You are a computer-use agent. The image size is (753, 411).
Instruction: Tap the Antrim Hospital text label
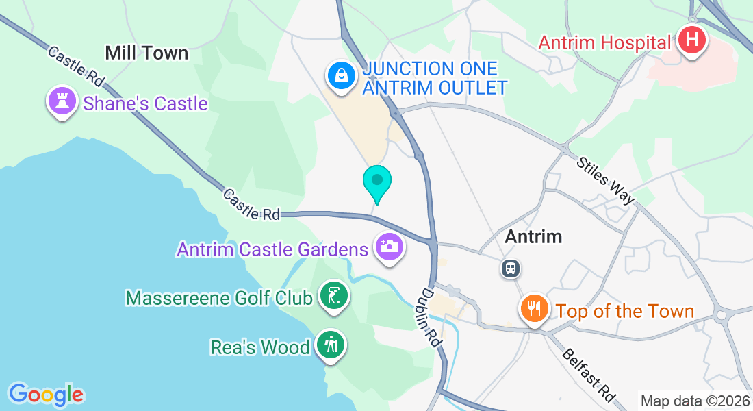pyautogui.click(x=604, y=42)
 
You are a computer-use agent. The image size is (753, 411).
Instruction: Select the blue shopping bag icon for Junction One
pyautogui.click(x=340, y=75)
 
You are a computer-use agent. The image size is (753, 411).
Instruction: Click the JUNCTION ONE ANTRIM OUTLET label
pyautogui.click(x=435, y=78)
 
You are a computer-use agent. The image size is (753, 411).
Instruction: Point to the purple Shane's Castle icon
pyautogui.click(x=62, y=101)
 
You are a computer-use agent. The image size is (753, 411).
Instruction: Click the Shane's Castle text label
pyautogui.click(x=145, y=103)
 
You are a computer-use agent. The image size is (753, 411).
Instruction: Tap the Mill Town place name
pyautogui.click(x=146, y=53)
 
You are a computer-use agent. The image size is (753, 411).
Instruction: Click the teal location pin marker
pyautogui.click(x=376, y=182)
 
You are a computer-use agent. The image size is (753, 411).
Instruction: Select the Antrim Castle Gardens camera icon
pyautogui.click(x=390, y=246)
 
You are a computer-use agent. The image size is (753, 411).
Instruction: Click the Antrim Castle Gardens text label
pyautogui.click(x=272, y=249)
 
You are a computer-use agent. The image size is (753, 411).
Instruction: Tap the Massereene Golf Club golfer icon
pyautogui.click(x=333, y=297)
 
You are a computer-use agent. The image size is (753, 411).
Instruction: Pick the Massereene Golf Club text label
pyautogui.click(x=219, y=298)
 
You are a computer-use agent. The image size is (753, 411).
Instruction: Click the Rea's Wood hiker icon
pyautogui.click(x=331, y=345)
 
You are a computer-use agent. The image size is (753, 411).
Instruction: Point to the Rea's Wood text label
pyautogui.click(x=259, y=347)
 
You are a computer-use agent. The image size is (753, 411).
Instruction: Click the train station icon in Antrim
pyautogui.click(x=510, y=268)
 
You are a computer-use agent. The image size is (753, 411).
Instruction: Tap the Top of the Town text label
pyautogui.click(x=625, y=311)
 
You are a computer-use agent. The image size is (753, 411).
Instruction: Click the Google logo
pyautogui.click(x=46, y=395)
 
